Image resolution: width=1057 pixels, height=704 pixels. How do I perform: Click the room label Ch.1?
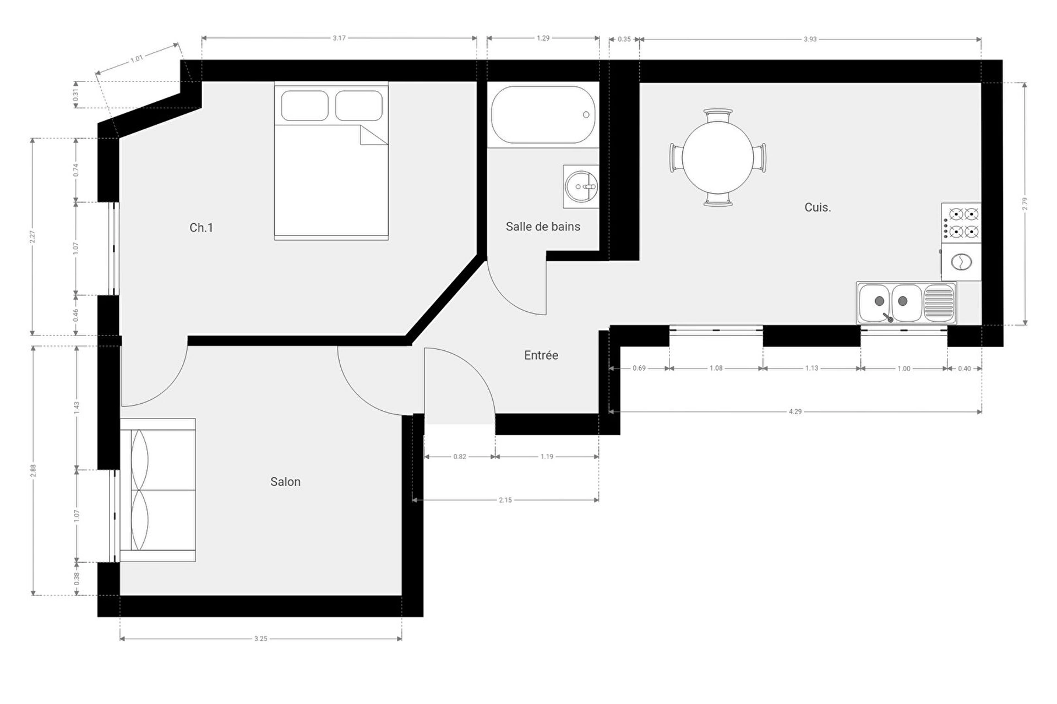(x=201, y=228)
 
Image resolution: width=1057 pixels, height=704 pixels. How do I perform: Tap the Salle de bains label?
(x=543, y=227)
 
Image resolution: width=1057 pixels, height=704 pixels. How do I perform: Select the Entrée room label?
(x=541, y=355)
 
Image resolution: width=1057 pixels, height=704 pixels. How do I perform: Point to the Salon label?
(x=285, y=482)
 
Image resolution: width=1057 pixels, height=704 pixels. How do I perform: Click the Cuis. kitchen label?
(x=818, y=207)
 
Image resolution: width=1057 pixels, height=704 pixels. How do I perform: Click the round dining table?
(x=718, y=157)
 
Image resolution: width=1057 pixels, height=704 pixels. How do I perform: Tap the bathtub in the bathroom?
(x=543, y=115)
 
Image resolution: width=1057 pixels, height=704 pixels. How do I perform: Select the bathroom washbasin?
(x=581, y=186)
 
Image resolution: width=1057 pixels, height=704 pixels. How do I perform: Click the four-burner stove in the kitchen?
(x=961, y=223)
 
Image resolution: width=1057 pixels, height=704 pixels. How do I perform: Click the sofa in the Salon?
(x=158, y=490)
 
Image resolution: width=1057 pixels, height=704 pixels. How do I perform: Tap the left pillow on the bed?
(x=304, y=106)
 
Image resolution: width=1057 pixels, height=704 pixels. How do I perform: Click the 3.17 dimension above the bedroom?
(x=339, y=38)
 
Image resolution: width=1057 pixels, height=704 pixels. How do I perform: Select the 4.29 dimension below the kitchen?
(x=795, y=411)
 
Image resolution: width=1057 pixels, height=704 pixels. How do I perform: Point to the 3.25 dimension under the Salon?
(x=260, y=639)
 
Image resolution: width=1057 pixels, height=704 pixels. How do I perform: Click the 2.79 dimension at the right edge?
(x=1025, y=204)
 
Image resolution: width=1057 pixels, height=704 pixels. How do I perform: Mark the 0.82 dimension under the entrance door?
(x=460, y=457)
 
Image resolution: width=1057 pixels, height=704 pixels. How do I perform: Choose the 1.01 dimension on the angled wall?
(x=137, y=58)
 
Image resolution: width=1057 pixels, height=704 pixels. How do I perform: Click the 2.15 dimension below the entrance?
(x=505, y=500)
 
